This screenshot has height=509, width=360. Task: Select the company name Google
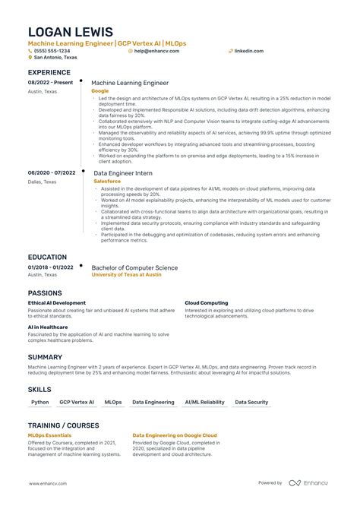[x=99, y=90]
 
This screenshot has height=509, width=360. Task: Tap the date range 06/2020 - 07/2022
[x=52, y=172]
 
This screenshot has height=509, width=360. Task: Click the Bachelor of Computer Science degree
[x=134, y=267]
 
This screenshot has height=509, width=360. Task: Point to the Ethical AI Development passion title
[x=57, y=302]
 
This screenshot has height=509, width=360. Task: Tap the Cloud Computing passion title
[x=206, y=302]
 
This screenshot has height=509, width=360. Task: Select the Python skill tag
[x=40, y=402]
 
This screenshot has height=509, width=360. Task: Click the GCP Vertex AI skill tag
[x=77, y=402]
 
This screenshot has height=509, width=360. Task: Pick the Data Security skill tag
[x=251, y=402]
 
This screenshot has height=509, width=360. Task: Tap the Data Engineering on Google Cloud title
[x=175, y=435]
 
